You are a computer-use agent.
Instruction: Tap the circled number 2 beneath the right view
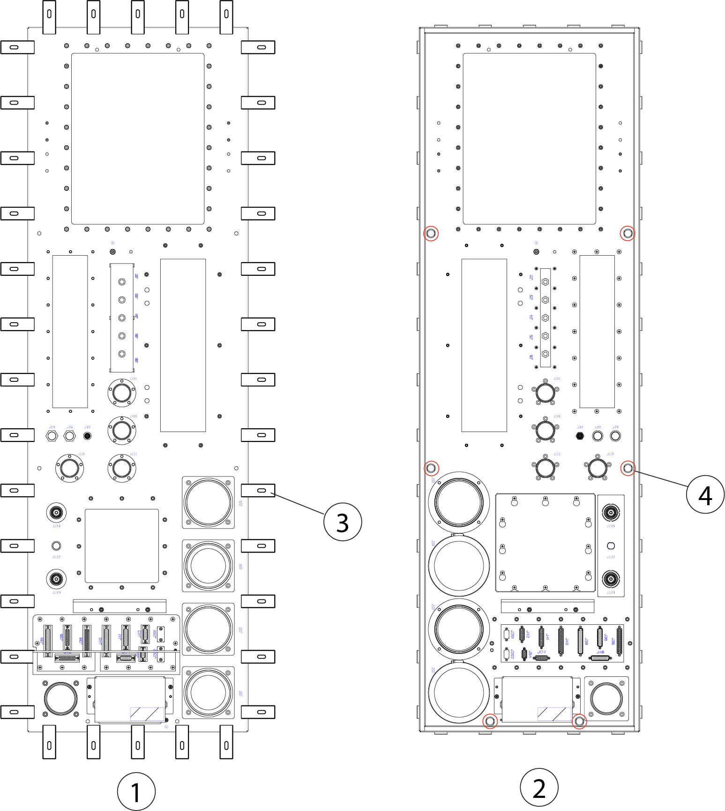coord(539,788)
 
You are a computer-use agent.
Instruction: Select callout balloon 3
coord(343,522)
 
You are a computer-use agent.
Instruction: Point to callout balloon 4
coord(705,494)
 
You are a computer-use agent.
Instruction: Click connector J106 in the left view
coord(56,513)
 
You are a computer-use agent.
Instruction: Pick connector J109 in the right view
coord(611,579)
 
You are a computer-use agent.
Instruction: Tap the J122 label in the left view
coord(56,557)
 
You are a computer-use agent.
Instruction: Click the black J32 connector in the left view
coord(87,436)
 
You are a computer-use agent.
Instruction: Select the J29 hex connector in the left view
coord(52,436)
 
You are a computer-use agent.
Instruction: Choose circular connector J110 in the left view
coord(69,468)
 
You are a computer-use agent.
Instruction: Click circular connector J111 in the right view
coord(546,468)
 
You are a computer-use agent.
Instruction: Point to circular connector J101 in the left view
coord(122,392)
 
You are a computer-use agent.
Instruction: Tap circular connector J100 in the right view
coord(546,430)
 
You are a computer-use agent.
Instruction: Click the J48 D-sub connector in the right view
coord(600,658)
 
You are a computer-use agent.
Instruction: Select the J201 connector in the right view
coord(506,635)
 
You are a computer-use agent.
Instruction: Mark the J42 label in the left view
coord(139,633)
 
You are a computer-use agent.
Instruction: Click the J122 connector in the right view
coord(611,546)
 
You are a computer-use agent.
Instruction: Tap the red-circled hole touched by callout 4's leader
coord(628,468)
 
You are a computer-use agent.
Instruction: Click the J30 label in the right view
coord(598,427)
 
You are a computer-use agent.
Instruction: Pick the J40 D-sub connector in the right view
coord(561,641)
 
